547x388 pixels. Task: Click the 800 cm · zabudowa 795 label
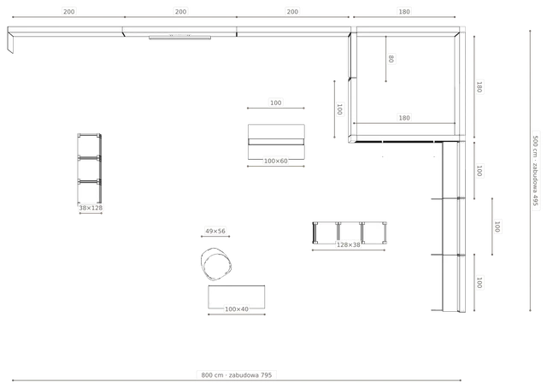point(236,375)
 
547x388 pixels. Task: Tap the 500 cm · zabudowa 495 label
point(536,171)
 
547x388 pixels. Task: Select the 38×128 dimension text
point(91,208)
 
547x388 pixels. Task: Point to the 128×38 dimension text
point(348,245)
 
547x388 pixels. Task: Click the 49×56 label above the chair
point(215,231)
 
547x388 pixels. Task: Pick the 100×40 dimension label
point(237,309)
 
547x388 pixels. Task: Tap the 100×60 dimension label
point(275,162)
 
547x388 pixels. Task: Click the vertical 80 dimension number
point(391,59)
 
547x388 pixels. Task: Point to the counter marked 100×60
point(276,142)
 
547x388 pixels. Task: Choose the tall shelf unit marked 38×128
point(90,168)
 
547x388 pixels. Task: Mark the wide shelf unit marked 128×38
point(350,232)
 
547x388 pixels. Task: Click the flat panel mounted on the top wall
point(179,38)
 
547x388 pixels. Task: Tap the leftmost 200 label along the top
point(68,11)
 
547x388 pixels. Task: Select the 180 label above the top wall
point(404,11)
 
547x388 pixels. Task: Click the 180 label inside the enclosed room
point(404,118)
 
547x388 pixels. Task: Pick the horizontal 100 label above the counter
point(275,103)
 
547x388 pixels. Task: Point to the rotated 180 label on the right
point(479,87)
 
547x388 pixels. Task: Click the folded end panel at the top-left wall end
point(10,42)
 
